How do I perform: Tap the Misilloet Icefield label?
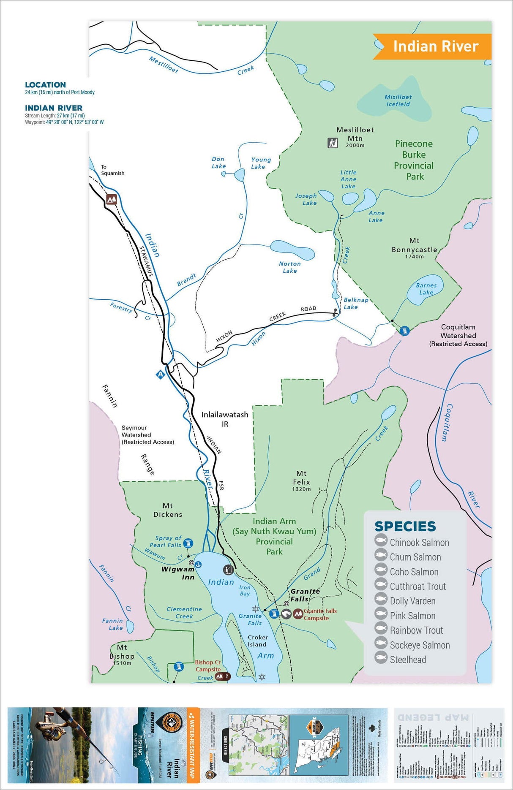[x=398, y=100]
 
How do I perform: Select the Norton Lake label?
[x=290, y=267]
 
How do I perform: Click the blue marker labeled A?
[x=160, y=374]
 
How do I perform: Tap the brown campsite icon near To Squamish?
[x=112, y=199]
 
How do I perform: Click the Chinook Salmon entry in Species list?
[x=419, y=543]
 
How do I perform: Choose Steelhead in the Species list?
[x=407, y=660]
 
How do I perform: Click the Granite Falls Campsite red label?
[x=320, y=614]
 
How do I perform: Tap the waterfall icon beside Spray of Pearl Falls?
[x=188, y=543]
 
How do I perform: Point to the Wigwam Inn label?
[x=178, y=573]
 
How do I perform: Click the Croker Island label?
[x=258, y=641]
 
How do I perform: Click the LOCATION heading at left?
[x=45, y=85]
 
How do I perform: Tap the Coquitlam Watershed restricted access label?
[x=458, y=335]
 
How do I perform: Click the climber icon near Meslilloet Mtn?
[x=333, y=143]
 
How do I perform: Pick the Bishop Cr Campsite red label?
[x=208, y=665]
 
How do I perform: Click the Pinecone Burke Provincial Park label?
[x=414, y=160]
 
